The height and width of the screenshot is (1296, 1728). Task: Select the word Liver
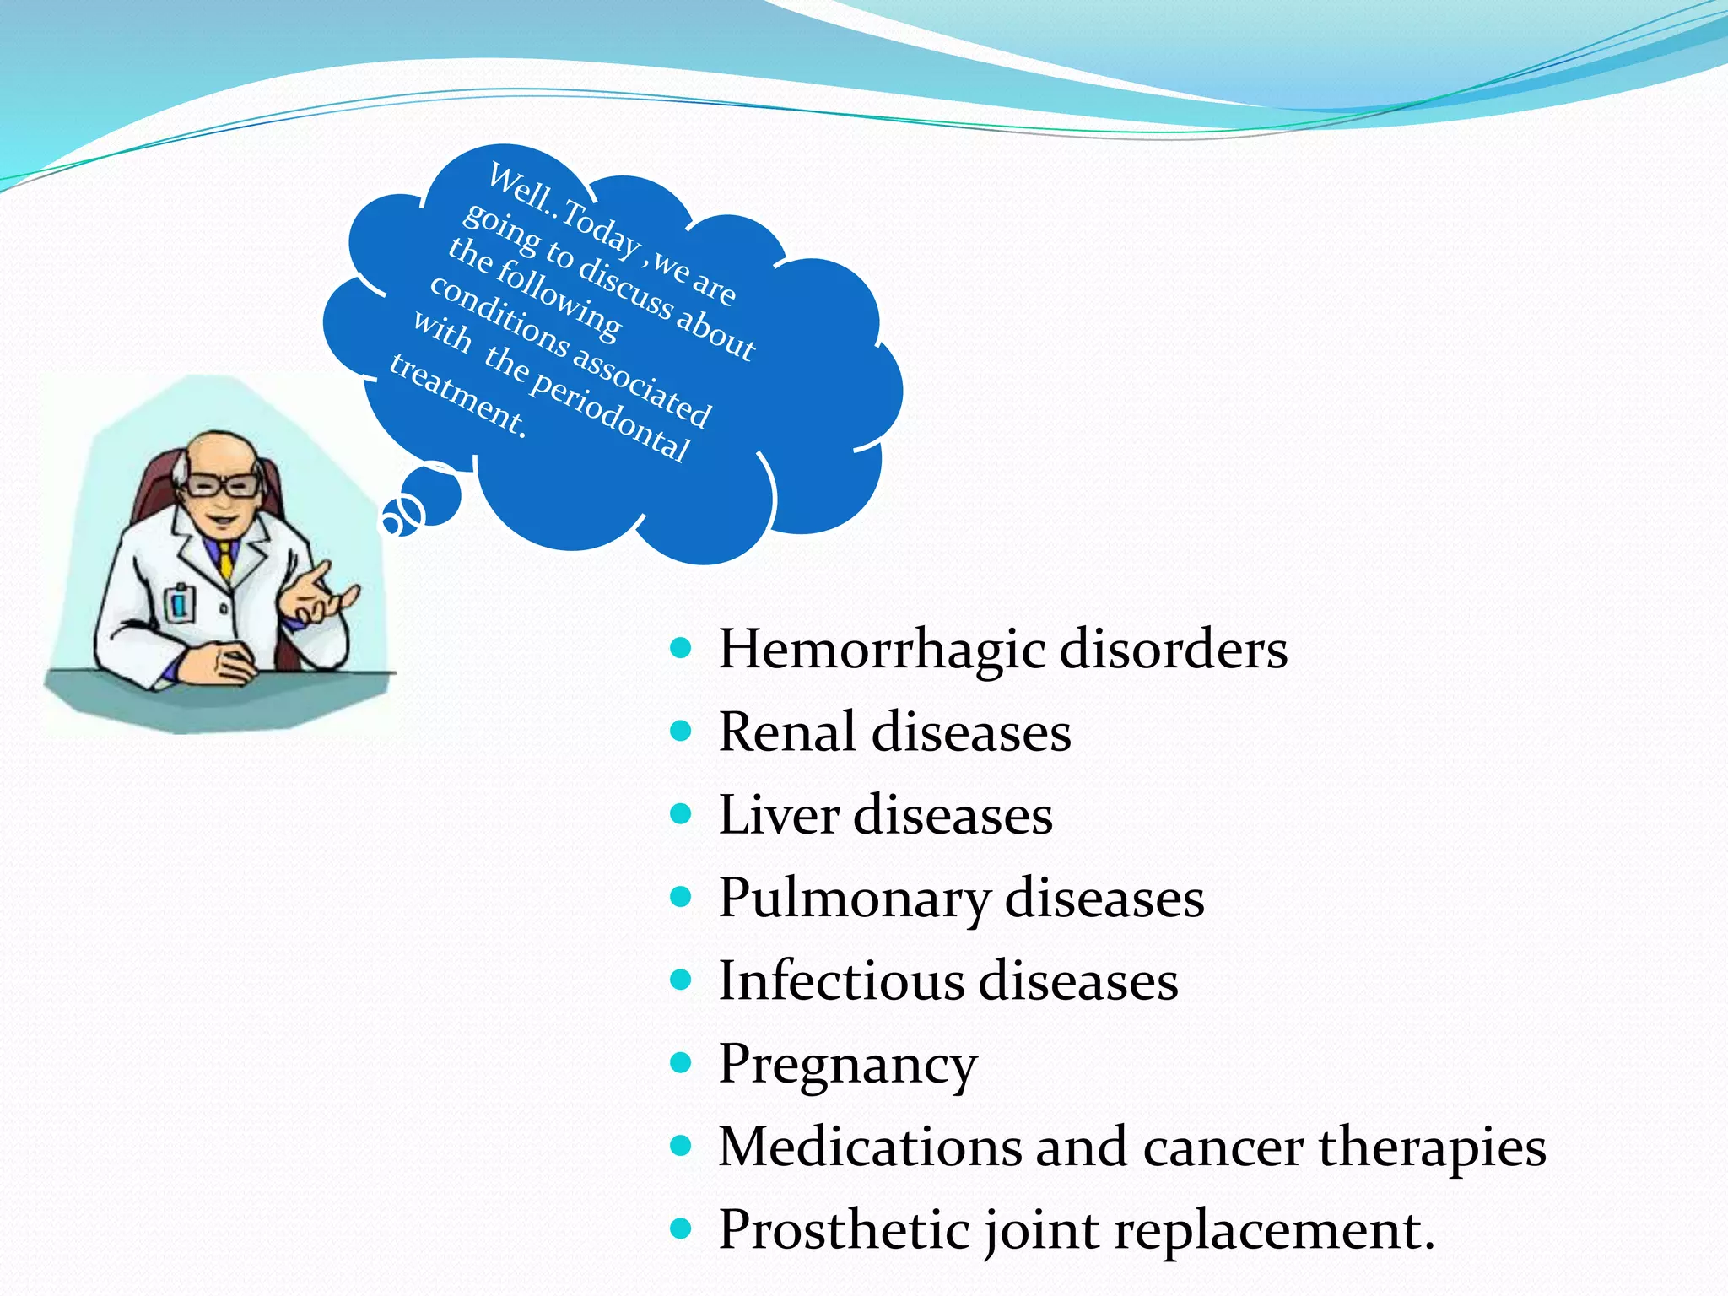(x=779, y=815)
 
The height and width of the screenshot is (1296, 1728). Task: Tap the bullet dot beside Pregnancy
(x=681, y=1061)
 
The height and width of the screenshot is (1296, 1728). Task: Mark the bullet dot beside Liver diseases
(x=681, y=813)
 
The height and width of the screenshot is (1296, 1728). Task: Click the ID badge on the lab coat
(x=180, y=602)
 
